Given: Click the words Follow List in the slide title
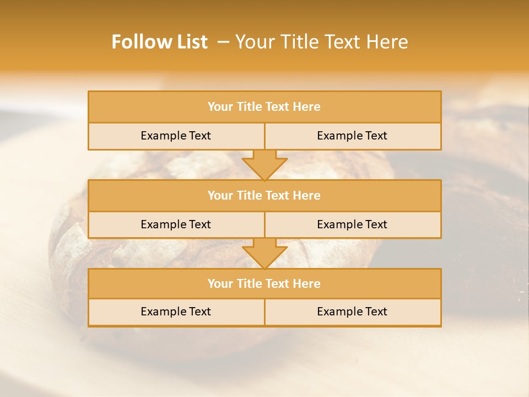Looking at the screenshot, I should [x=159, y=42].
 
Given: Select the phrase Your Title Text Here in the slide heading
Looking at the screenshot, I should [x=322, y=42].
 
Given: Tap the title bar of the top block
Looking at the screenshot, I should [x=264, y=107].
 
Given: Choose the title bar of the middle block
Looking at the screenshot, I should [x=264, y=195].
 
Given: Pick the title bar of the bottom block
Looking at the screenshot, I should [x=264, y=283].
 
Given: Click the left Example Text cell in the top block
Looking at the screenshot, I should [x=176, y=136].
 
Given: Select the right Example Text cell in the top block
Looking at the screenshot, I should [x=352, y=136].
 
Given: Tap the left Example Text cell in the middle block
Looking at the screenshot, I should [x=176, y=224].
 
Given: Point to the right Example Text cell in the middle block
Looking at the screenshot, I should [x=352, y=224].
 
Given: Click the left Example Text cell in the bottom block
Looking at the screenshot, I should [x=176, y=312].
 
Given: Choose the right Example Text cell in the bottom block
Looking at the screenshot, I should [x=352, y=312].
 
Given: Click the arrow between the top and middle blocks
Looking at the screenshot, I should [x=264, y=165].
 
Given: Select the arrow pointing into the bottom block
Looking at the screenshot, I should [x=264, y=254].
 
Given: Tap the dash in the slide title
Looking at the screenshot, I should [x=223, y=42].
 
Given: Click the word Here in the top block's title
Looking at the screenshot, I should [x=307, y=107].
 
